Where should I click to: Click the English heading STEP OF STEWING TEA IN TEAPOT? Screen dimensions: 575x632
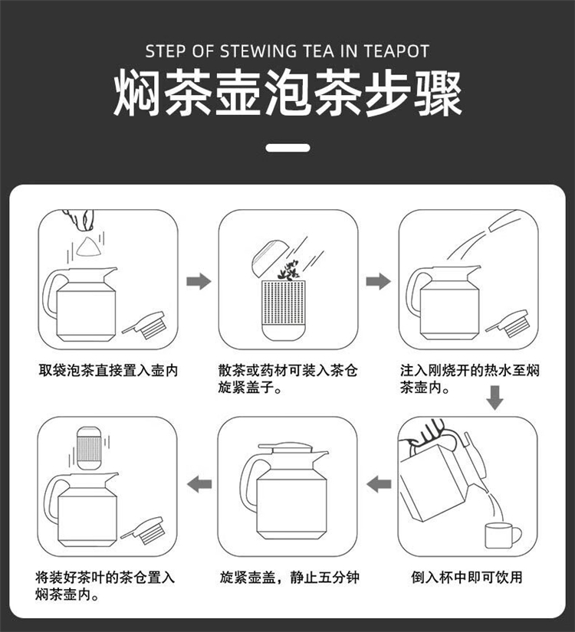click(x=287, y=51)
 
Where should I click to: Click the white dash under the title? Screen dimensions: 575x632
click(x=287, y=148)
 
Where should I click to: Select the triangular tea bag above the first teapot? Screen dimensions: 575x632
click(x=87, y=247)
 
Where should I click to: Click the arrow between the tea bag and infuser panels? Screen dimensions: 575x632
click(x=199, y=281)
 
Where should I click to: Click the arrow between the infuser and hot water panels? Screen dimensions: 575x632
click(x=379, y=281)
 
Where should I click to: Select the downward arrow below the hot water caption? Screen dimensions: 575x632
click(x=495, y=398)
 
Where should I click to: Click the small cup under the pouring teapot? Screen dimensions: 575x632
click(x=502, y=535)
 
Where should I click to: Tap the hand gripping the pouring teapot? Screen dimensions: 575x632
click(x=428, y=435)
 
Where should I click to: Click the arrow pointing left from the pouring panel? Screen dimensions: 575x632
click(x=379, y=483)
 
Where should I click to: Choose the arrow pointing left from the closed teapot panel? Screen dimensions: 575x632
click(x=199, y=483)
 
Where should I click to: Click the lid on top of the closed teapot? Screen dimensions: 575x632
click(x=286, y=448)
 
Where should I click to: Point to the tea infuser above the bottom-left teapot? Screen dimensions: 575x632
click(x=89, y=448)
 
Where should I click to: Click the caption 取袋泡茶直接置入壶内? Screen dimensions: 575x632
click(x=108, y=371)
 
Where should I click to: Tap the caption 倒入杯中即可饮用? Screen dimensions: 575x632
click(x=467, y=577)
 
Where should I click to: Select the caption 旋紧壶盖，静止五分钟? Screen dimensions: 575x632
click(x=289, y=577)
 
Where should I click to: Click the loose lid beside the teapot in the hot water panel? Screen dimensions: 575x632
click(x=508, y=323)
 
